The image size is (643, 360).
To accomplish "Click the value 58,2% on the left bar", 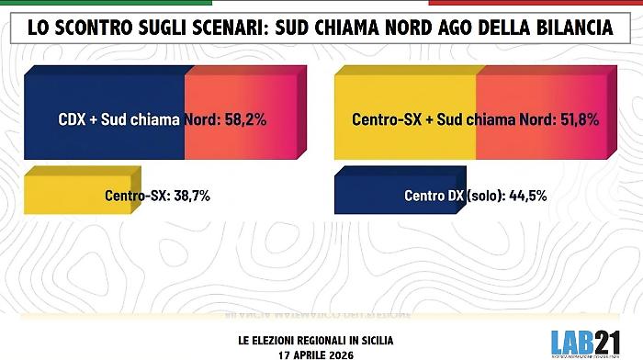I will [x=244, y=119].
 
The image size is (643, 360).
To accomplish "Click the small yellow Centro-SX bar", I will [x=55, y=196].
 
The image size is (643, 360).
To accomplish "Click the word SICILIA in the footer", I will [x=372, y=339].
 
